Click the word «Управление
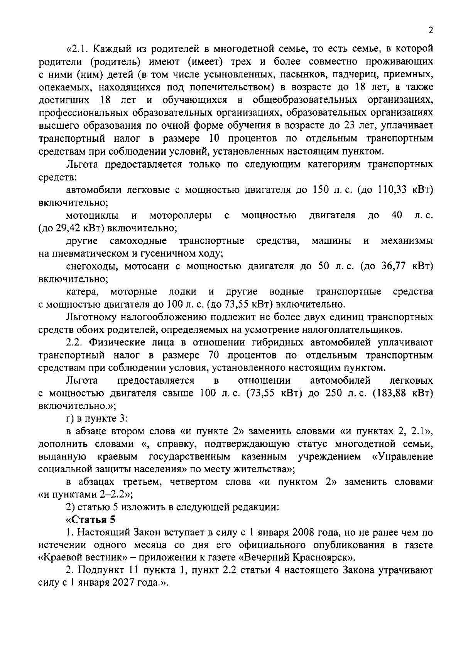(402, 457)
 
